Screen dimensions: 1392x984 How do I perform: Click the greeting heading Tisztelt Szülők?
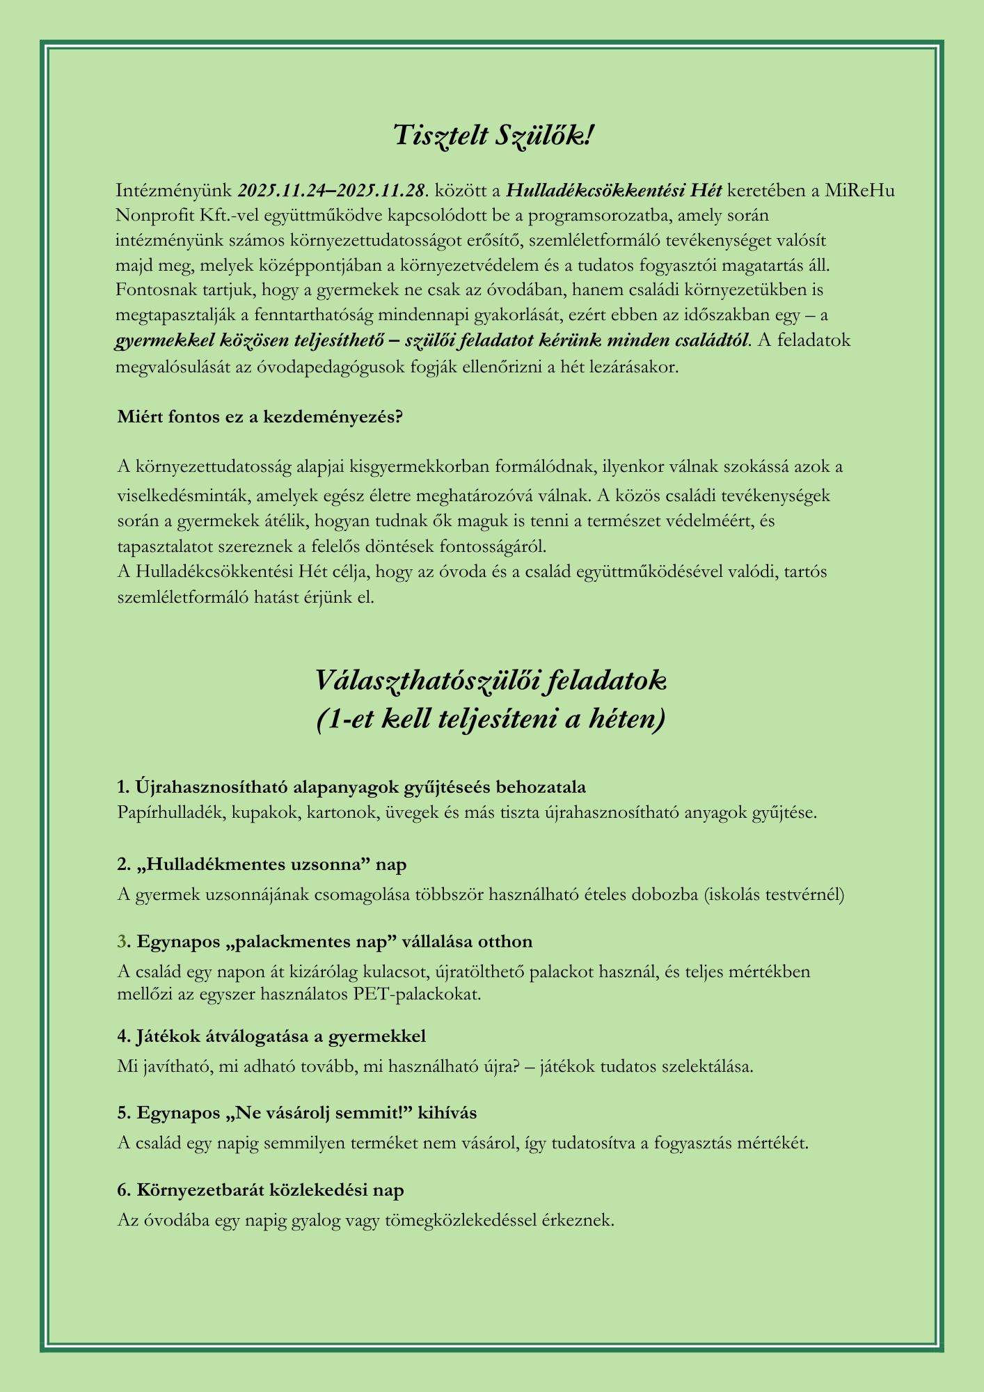492,135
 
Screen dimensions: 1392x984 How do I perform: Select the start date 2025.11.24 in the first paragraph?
282,190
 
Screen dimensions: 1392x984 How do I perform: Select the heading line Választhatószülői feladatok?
491,680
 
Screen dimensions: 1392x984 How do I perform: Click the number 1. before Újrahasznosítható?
124,786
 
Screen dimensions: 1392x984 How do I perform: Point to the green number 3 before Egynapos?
122,942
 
